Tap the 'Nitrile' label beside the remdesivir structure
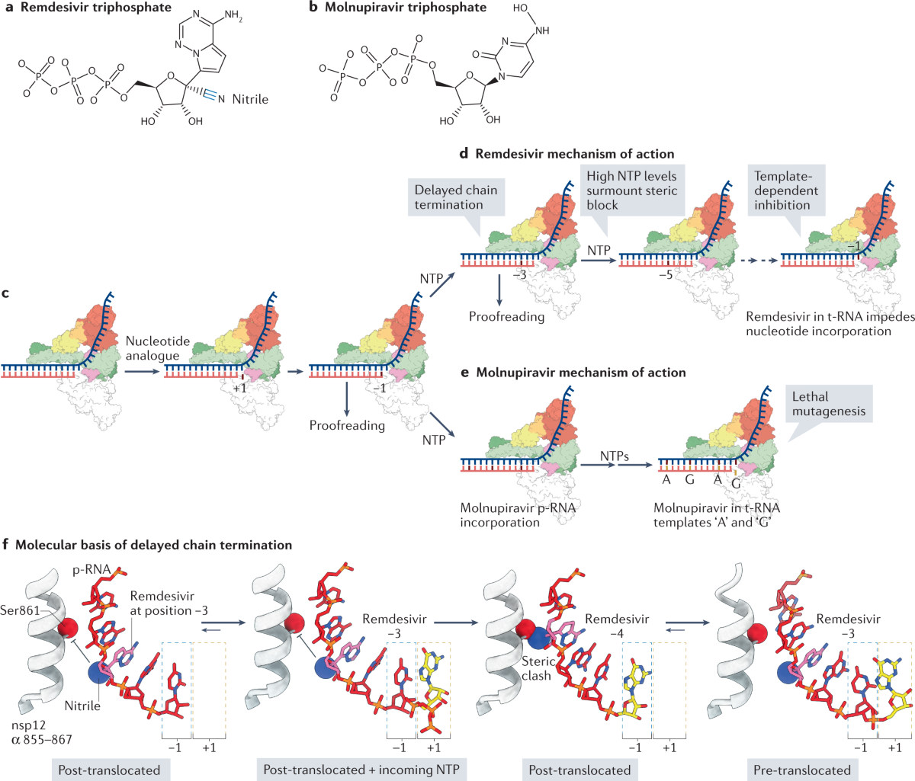[250, 99]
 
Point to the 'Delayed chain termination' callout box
[455, 197]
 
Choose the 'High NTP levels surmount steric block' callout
[631, 190]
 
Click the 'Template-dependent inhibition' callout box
[786, 190]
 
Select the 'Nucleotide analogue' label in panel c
[152, 348]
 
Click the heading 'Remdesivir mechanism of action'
[574, 153]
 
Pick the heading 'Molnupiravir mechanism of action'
[580, 373]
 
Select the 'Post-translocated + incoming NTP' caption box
[361, 770]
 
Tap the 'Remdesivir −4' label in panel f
[617, 626]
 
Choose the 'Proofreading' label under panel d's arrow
[506, 316]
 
